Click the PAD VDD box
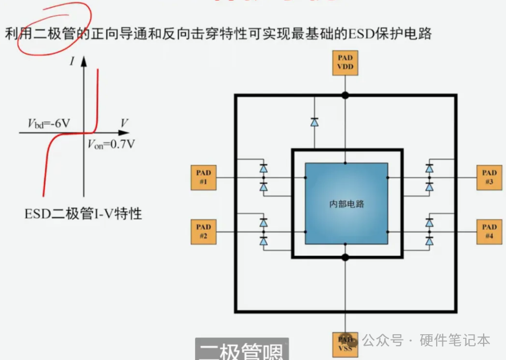pyautogui.click(x=345, y=62)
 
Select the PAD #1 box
pyautogui.click(x=203, y=177)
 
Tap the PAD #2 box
pyautogui.click(x=203, y=232)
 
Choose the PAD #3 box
pyautogui.click(x=489, y=177)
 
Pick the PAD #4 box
pyautogui.click(x=489, y=232)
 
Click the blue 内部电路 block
pyautogui.click(x=346, y=204)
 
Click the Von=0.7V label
pyautogui.click(x=112, y=144)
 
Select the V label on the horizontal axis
pyautogui.click(x=124, y=122)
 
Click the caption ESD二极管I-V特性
pyautogui.click(x=83, y=214)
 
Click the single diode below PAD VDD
pyautogui.click(x=314, y=121)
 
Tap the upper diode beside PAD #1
pyautogui.click(x=263, y=168)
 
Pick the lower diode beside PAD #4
pyautogui.click(x=429, y=242)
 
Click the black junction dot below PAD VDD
pyautogui.click(x=345, y=94)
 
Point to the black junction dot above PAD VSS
pyautogui.click(x=345, y=258)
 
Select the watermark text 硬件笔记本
pyautogui.click(x=454, y=340)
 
